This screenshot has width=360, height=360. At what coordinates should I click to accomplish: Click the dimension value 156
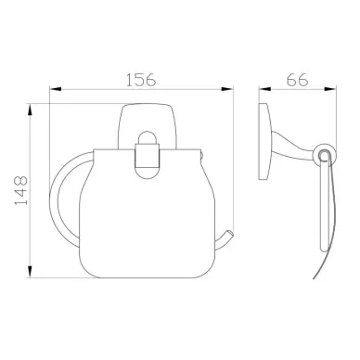click(x=141, y=80)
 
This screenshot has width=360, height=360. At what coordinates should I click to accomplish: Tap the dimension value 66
click(x=297, y=80)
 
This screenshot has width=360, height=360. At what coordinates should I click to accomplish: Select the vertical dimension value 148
click(x=21, y=190)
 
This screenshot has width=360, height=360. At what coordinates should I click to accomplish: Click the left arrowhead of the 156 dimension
click(x=56, y=89)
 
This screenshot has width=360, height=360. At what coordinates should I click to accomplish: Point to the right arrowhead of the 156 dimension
click(x=227, y=89)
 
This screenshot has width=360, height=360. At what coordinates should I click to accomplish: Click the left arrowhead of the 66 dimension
click(x=264, y=89)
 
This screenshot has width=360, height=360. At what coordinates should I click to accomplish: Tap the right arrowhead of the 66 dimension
click(x=330, y=89)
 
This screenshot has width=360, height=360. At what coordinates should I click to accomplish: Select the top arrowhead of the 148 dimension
click(x=30, y=110)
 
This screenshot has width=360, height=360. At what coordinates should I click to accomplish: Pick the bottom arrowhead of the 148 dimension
click(x=30, y=272)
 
